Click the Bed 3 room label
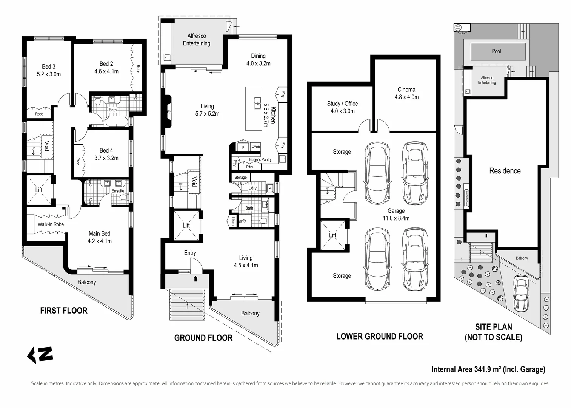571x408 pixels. click(x=49, y=70)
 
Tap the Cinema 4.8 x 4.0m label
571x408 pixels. click(x=406, y=93)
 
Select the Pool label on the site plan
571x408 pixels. click(x=496, y=51)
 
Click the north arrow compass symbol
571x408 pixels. click(x=40, y=355)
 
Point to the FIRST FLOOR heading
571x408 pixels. click(x=64, y=311)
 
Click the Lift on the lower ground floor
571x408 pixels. click(x=332, y=235)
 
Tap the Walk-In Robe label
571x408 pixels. click(x=51, y=224)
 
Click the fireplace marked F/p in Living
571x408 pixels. click(x=168, y=112)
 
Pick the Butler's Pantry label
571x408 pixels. click(x=260, y=159)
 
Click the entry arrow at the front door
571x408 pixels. click(x=195, y=279)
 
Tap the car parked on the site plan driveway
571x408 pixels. click(x=521, y=293)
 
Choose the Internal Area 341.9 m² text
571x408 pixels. click(x=488, y=369)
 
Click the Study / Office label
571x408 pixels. click(x=342, y=107)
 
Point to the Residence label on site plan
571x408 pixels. click(x=505, y=171)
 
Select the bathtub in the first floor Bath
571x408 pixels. click(x=116, y=122)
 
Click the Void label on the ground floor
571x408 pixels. click(x=194, y=182)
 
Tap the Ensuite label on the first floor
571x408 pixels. click(x=118, y=191)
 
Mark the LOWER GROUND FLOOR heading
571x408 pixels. click(x=379, y=337)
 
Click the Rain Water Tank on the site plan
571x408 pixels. click(x=466, y=198)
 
